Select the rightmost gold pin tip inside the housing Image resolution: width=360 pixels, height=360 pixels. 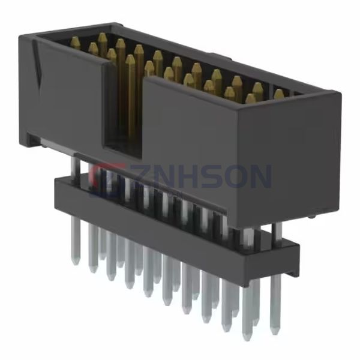pos(279,93)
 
